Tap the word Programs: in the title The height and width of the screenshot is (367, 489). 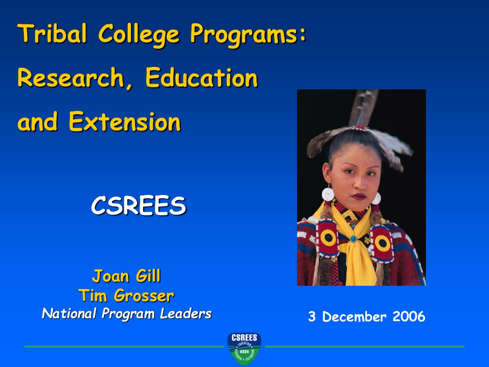[x=248, y=35]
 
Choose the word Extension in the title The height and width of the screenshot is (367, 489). [x=125, y=121]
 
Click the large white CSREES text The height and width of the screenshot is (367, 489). [x=139, y=205]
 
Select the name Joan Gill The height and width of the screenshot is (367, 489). [x=127, y=276]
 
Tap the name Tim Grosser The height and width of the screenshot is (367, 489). [x=126, y=295]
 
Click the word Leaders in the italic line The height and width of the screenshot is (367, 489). [x=186, y=313]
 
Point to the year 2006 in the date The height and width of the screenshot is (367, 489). [x=409, y=316]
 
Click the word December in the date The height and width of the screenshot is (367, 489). [x=354, y=317]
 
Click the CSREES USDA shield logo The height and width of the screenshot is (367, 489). [x=244, y=349]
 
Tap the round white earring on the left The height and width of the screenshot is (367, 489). [x=328, y=194]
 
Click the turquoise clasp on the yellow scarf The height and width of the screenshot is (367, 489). [x=353, y=239]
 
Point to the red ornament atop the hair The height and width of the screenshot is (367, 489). [x=359, y=128]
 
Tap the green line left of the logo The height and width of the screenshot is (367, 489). [x=124, y=346]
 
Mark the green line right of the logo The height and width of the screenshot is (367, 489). [x=364, y=346]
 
